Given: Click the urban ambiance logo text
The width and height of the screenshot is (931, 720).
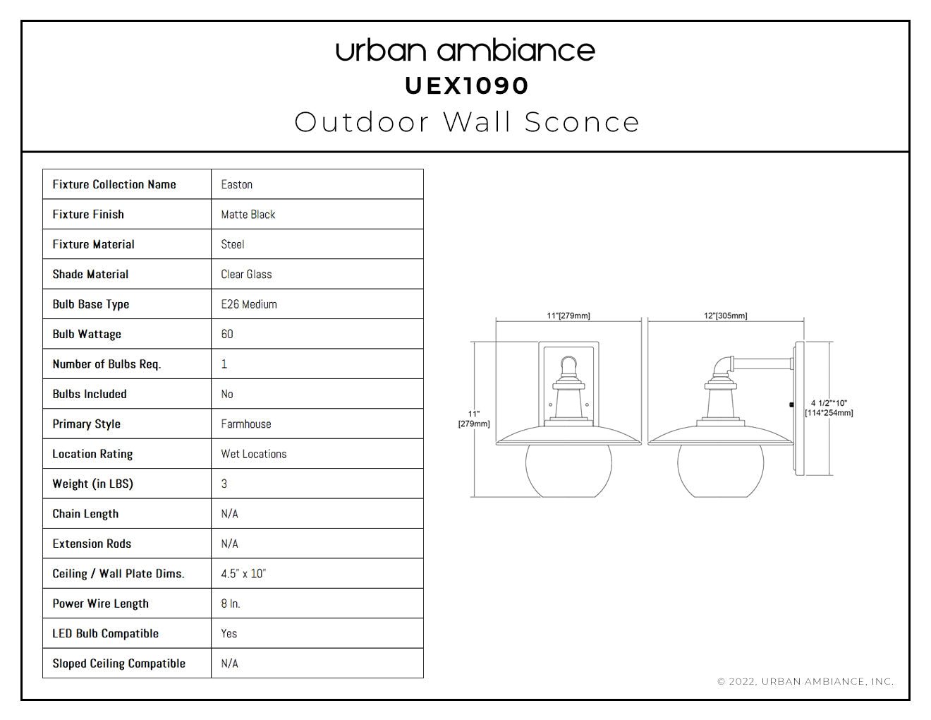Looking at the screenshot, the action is [x=465, y=51].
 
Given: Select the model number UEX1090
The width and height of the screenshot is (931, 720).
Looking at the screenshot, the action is [x=467, y=86].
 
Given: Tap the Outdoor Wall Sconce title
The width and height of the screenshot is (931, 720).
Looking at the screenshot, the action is [x=467, y=122].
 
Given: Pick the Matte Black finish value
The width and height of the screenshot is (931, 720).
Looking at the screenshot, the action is [x=248, y=215].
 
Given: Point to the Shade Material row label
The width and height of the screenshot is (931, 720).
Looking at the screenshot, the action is [x=90, y=274].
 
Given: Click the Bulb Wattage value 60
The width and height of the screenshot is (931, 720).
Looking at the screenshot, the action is [x=227, y=334].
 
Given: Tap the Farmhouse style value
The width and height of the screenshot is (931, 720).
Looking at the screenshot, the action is [x=246, y=424].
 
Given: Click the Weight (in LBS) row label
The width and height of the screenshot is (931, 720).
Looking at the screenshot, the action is [x=92, y=484].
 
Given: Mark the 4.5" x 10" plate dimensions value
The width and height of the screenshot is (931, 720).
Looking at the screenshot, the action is [x=243, y=573].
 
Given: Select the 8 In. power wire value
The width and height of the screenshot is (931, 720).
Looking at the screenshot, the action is [x=231, y=604].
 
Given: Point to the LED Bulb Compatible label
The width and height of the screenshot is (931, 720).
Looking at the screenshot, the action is [x=105, y=633].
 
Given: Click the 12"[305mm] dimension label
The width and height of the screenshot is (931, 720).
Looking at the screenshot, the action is [x=725, y=316].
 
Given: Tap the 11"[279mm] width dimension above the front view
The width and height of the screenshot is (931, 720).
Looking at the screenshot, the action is [x=568, y=316].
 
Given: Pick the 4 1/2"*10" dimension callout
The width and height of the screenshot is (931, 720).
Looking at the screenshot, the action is [x=829, y=408].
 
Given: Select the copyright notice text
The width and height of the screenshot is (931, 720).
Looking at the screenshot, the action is [x=805, y=681].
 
